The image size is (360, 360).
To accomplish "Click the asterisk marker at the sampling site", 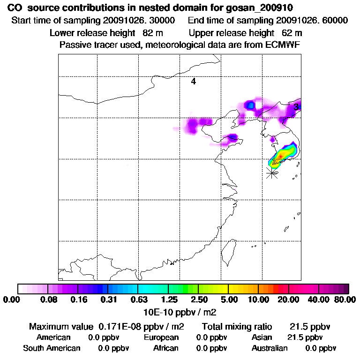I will pyautogui.click(x=271, y=173).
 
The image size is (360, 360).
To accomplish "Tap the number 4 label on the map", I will pyautogui.click(x=193, y=82).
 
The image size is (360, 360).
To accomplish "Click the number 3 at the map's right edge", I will pyautogui.click(x=296, y=107).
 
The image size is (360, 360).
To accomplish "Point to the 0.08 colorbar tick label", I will pyautogui.click(x=48, y=300).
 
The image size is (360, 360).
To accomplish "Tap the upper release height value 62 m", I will pyautogui.click(x=292, y=33).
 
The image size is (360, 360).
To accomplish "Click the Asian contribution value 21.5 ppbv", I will pyautogui.click(x=305, y=337).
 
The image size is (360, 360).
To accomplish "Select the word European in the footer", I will pyautogui.click(x=161, y=337).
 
